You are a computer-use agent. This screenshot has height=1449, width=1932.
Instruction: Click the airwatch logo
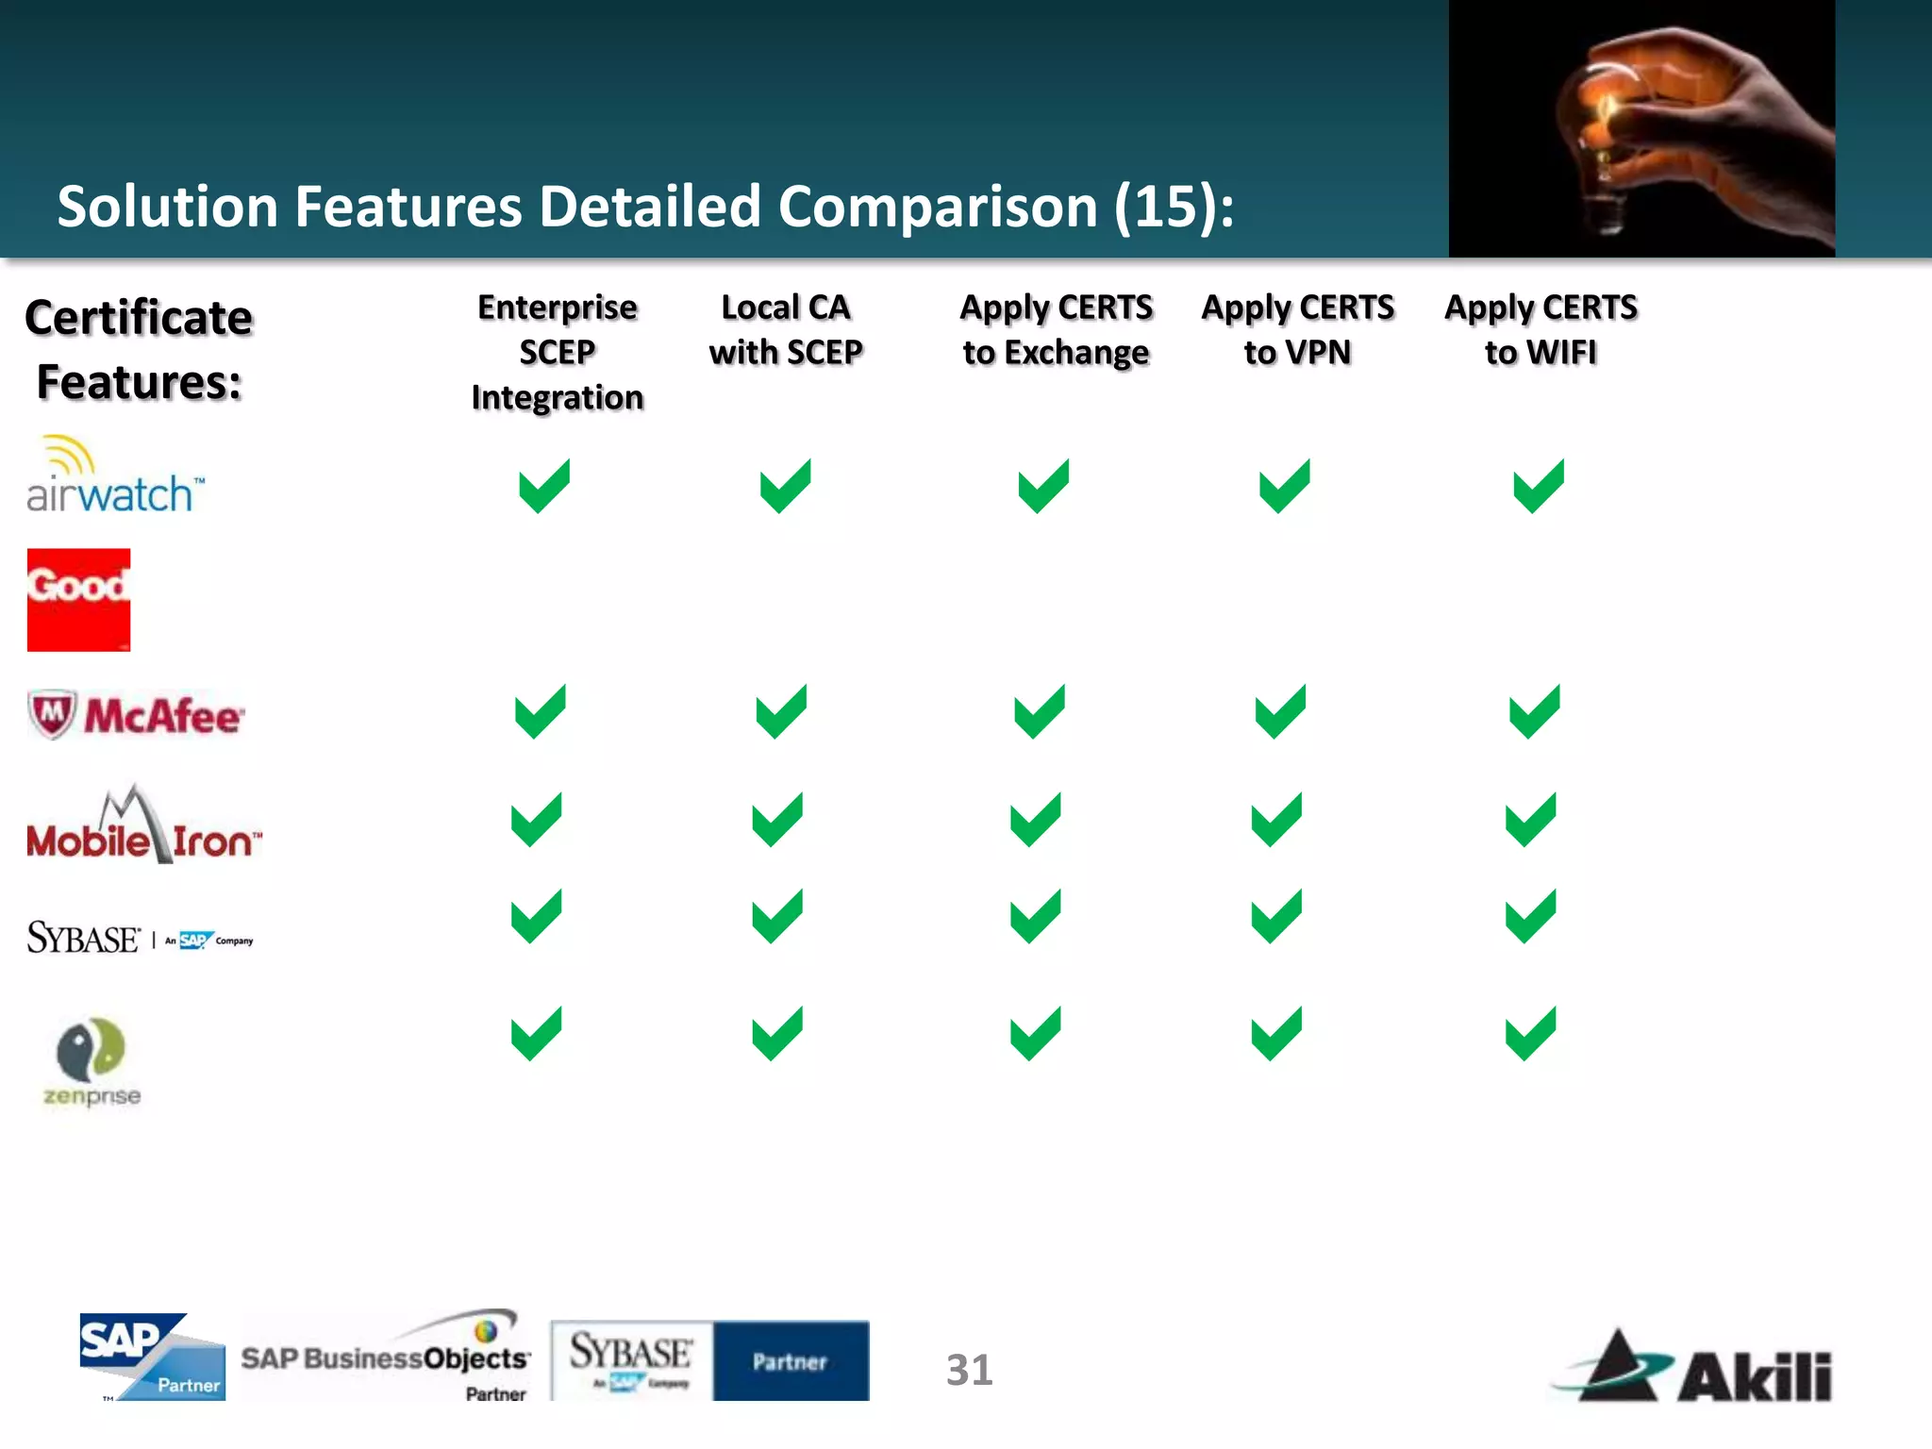(x=113, y=477)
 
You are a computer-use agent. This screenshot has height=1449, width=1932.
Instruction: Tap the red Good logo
(x=78, y=600)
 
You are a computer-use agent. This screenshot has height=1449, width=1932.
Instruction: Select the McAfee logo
(x=136, y=715)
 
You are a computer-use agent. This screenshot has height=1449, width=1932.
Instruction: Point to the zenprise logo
(x=92, y=1061)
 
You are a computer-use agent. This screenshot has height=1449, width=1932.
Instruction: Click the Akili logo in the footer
(x=1694, y=1367)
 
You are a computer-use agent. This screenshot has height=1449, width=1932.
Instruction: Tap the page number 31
(x=969, y=1370)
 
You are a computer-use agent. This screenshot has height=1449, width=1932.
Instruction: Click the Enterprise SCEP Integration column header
(x=558, y=352)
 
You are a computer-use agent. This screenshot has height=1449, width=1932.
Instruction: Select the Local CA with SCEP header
(x=786, y=329)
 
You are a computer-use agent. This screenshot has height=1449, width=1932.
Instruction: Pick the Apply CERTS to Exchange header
(x=1056, y=329)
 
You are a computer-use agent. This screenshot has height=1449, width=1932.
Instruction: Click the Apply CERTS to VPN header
(x=1297, y=329)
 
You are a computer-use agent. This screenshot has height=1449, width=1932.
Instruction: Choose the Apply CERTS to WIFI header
(x=1541, y=329)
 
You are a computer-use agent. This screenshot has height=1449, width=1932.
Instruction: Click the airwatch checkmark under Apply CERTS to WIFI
(x=1539, y=487)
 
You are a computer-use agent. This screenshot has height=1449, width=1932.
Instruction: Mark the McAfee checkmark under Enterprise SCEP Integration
(x=541, y=712)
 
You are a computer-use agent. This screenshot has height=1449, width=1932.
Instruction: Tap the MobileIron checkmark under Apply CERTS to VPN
(x=1276, y=821)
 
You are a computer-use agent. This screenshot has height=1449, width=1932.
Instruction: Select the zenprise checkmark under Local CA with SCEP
(x=777, y=1034)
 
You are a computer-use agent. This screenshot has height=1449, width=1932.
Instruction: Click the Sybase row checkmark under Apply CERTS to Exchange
(x=1036, y=916)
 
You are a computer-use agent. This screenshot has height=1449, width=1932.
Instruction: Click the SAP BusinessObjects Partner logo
(x=386, y=1357)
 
